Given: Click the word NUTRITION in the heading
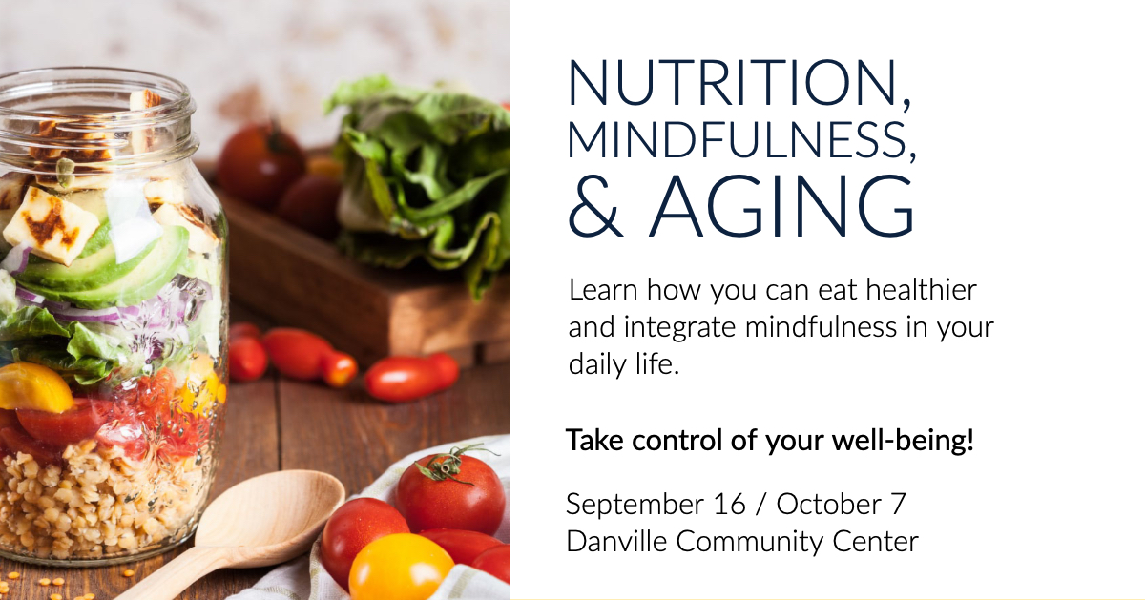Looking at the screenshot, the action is tap(733, 82).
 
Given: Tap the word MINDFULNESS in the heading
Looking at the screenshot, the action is tap(737, 140).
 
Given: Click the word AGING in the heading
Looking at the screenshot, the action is tap(781, 206).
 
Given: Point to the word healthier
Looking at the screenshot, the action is tap(921, 289).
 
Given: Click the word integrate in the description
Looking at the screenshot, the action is tap(679, 328).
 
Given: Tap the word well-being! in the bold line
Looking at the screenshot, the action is tap(903, 440).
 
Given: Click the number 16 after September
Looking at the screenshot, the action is tap(729, 505).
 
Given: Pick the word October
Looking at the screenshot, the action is tap(828, 505).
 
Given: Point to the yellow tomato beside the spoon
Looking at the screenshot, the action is tap(402, 568).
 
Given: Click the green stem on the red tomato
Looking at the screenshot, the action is tap(447, 464).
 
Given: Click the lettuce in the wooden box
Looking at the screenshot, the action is tap(419, 174).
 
